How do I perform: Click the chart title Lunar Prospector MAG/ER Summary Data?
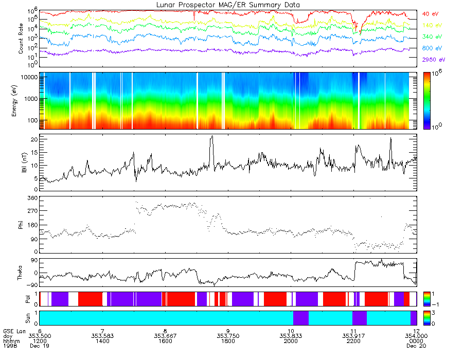pyautogui.click(x=228, y=5)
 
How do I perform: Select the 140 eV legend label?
pyautogui.click(x=432, y=25)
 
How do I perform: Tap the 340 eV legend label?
pyautogui.click(x=432, y=37)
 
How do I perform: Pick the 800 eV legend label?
pyautogui.click(x=432, y=48)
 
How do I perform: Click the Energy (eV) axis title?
pyautogui.click(x=21, y=101)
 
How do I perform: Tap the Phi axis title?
pyautogui.click(x=21, y=225)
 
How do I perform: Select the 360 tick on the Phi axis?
pyautogui.click(x=32, y=198)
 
